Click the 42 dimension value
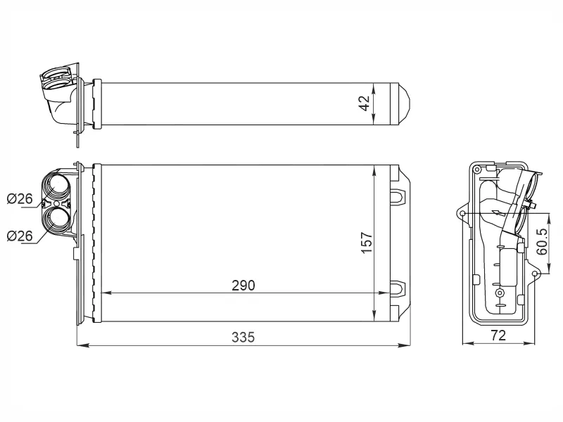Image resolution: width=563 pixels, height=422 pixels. [365, 103]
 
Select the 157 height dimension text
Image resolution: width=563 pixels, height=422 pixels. [367, 243]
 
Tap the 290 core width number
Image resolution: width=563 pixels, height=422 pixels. [243, 286]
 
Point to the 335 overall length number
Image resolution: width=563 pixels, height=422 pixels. [243, 338]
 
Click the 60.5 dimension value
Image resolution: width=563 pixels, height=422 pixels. [542, 241]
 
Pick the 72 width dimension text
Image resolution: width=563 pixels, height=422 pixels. [498, 335]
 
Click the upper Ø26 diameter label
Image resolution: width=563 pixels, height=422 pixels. [20, 198]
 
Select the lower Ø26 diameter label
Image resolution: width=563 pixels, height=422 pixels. [20, 236]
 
